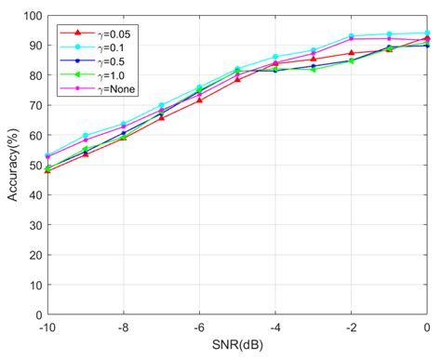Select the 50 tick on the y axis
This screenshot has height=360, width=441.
click(x=33, y=166)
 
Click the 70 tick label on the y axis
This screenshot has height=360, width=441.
click(x=33, y=105)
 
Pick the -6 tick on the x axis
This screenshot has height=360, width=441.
click(x=198, y=327)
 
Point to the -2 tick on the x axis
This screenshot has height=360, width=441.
click(x=351, y=327)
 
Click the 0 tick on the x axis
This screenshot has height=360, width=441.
click(x=427, y=327)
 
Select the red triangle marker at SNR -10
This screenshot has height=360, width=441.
click(x=47, y=170)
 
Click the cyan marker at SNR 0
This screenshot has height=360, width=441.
click(x=427, y=33)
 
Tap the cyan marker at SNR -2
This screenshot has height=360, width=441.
click(x=351, y=36)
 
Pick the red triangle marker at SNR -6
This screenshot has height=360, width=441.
click(x=199, y=100)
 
